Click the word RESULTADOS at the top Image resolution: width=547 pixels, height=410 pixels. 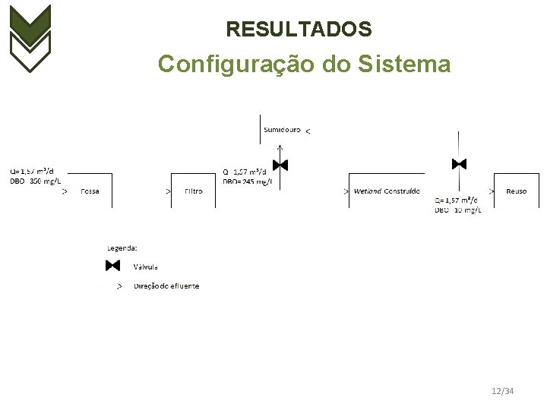coord(299,30)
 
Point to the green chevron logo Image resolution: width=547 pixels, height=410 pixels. coord(30,38)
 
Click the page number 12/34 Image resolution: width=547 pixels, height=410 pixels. coord(502,391)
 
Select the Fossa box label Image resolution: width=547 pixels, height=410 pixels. coord(90,191)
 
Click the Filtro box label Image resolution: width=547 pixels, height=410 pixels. coord(193,191)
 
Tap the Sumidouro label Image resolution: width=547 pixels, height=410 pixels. coord(282,130)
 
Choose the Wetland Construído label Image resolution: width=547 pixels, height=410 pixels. coord(387,191)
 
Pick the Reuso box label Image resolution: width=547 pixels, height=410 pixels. coord(516,191)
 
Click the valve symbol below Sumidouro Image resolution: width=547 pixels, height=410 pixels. coord(280,165)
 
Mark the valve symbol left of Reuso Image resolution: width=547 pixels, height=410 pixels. coord(459,164)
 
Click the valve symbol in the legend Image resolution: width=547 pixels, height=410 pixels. coord(113,266)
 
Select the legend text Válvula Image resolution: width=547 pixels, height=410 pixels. coord(146,266)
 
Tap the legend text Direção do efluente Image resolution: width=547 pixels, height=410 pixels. coord(166,286)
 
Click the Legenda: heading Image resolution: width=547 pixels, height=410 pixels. coord(122,248)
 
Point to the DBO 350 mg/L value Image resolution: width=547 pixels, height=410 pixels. coord(36,181)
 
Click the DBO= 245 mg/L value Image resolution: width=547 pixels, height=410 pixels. coord(248,181)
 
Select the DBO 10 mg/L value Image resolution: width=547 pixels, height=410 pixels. coord(458,210)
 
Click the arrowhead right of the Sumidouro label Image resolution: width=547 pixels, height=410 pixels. coord(307,131)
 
